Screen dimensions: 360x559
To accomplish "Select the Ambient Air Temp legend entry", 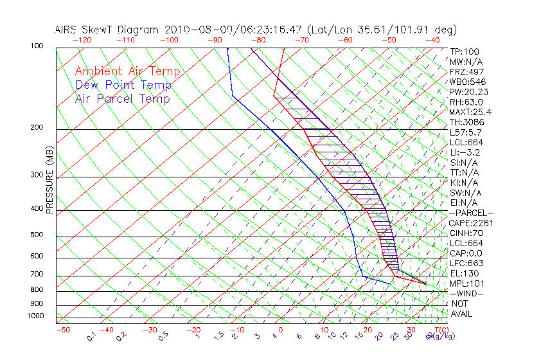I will (127, 71).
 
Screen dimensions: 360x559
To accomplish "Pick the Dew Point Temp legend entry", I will (123, 85).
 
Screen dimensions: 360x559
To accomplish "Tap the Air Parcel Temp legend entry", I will (122, 98).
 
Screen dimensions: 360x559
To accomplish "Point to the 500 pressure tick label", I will (37, 235).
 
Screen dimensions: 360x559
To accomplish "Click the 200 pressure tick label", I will (37, 128).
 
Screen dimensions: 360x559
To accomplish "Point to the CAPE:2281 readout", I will (471, 223).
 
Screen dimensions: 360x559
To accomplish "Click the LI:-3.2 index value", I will (465, 152).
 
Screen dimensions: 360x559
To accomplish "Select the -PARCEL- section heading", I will (471, 213).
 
